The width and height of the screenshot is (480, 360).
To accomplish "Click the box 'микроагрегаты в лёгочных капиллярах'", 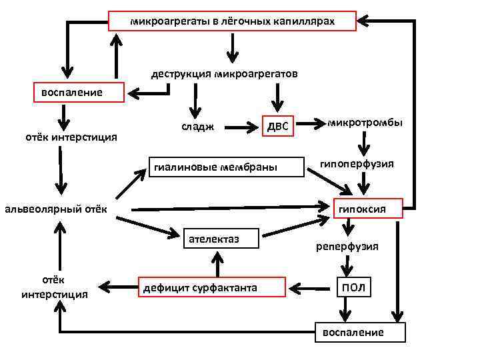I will pos(232,21).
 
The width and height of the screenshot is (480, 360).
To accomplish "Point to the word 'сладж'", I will pos(198,127).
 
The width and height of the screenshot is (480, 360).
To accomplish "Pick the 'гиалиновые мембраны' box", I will pos(215,166).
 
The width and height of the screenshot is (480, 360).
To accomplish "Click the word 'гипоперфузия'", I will pos(366,163).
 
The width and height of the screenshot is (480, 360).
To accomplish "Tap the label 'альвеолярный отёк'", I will pos(56,210).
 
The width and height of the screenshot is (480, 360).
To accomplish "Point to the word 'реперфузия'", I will pos(356,246).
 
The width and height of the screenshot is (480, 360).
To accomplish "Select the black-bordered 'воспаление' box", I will pos(360,332).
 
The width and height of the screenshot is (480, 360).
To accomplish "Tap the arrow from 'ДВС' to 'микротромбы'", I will pos(308,123).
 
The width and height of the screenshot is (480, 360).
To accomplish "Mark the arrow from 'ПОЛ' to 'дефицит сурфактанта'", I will pos(311,287).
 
